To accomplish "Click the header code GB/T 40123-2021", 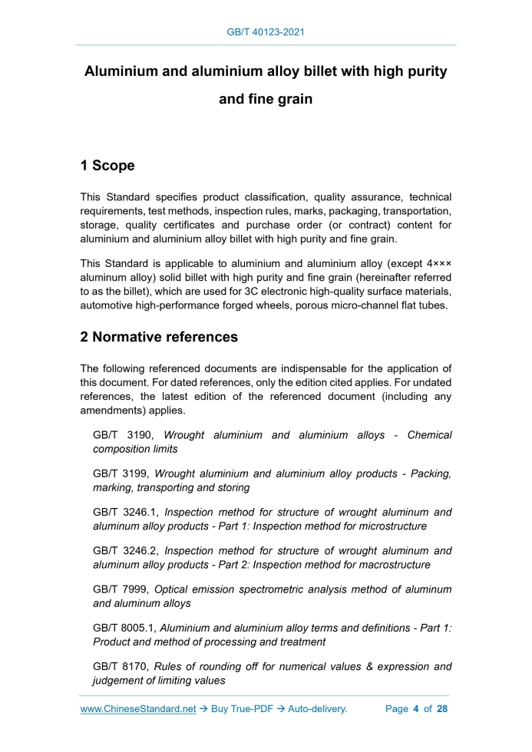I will pyautogui.click(x=266, y=32).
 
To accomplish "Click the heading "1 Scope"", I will pyautogui.click(x=107, y=166).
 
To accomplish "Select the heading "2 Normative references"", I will pyautogui.click(x=159, y=337).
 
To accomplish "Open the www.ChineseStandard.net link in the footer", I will pyautogui.click(x=138, y=709).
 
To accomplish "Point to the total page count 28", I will pyautogui.click(x=441, y=709).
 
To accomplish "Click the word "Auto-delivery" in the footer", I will pyautogui.click(x=317, y=709).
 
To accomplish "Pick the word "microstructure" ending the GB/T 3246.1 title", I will pyautogui.click(x=389, y=526).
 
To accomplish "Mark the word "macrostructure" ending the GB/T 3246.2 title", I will pyautogui.click(x=391, y=564).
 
